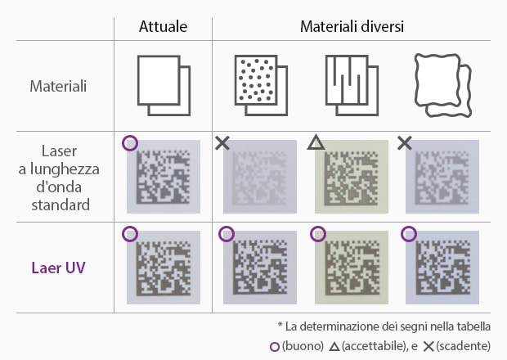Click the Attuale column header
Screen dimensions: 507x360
(163, 26)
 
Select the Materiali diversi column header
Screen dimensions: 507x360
(352, 26)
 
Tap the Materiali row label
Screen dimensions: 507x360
(58, 87)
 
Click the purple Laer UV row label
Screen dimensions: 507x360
(58, 268)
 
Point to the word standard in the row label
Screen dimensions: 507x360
(61, 205)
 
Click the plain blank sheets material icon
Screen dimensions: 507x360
(164, 86)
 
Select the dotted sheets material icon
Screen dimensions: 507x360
(261, 86)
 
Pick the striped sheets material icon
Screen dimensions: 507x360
(352, 86)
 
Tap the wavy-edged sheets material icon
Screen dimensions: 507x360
(443, 86)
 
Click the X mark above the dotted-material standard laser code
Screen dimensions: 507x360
(222, 143)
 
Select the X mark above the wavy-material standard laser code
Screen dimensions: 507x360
(405, 143)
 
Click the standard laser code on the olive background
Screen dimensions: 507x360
(352, 177)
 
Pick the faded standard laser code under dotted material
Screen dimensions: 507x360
(260, 177)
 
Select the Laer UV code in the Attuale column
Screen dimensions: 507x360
(164, 268)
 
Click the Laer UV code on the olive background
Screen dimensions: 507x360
(352, 268)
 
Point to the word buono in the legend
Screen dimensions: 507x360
(303, 346)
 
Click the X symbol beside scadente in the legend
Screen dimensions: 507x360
(428, 347)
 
